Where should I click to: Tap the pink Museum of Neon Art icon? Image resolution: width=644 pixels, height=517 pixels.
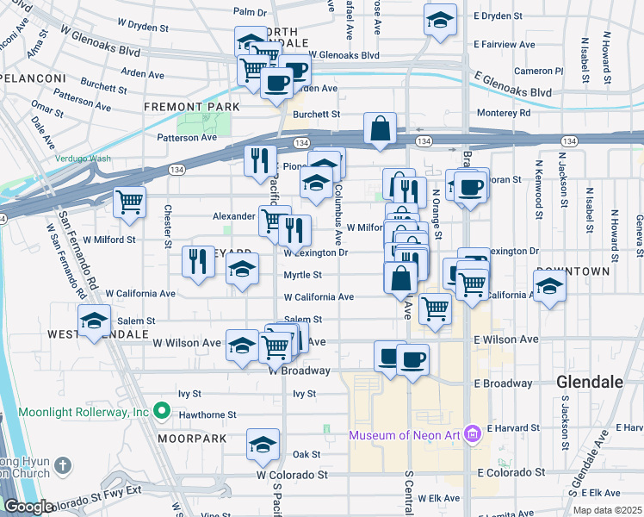tap(471, 433)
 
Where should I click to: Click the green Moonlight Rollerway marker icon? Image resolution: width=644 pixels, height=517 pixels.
tap(159, 412)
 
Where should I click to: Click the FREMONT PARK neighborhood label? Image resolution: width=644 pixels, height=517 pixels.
tap(191, 107)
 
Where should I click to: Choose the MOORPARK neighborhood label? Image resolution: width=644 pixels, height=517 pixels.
tap(191, 439)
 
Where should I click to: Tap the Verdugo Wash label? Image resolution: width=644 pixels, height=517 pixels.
tap(83, 159)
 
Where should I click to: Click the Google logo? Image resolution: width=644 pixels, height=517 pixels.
tap(28, 507)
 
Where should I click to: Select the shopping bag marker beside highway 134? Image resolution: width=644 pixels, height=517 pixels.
tap(380, 130)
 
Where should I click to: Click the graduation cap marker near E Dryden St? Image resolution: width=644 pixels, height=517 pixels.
tap(440, 21)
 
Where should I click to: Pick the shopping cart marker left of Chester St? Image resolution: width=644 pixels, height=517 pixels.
tap(129, 202)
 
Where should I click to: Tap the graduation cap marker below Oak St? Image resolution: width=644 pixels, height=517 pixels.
tap(263, 445)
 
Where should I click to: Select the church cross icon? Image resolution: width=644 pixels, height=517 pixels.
tap(61, 466)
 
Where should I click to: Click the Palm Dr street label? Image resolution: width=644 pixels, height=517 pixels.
tap(250, 12)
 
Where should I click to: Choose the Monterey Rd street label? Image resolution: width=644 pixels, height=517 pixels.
tap(499, 112)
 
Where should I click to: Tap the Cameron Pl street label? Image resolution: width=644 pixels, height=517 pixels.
tap(538, 71)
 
